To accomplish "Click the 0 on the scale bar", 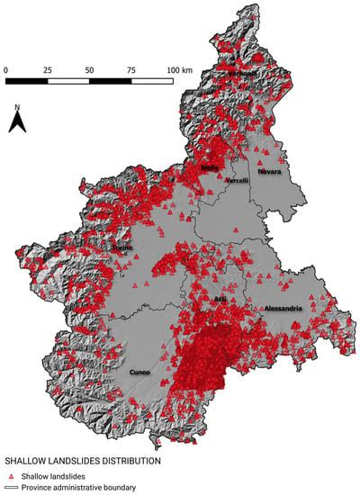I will point(6,68).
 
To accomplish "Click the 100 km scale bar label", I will point(178,68).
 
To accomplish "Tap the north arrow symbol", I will point(17,123).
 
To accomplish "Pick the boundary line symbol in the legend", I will point(10,488).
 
